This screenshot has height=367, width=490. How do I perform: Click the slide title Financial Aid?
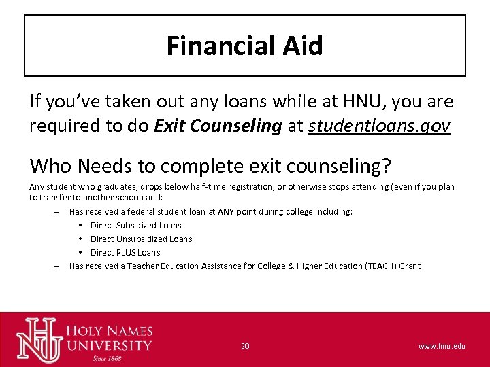[244, 46]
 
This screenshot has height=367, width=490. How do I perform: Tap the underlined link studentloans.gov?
[379, 126]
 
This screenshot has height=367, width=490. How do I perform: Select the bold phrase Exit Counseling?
[218, 126]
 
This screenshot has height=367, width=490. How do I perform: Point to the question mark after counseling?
[386, 165]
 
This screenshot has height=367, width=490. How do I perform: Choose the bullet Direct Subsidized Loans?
[135, 225]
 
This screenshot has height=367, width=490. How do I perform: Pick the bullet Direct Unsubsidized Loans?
[141, 239]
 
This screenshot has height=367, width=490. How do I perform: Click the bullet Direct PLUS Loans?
[125, 252]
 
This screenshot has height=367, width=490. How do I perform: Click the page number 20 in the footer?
[245, 346]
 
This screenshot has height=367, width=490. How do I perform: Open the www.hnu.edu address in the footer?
[442, 346]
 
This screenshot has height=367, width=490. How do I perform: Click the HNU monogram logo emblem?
[40, 339]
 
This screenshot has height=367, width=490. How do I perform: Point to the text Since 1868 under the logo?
[108, 358]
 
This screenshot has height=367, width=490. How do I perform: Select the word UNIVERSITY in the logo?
[109, 345]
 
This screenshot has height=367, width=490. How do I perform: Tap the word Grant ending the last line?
[410, 266]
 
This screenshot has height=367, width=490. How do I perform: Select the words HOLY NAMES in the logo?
[109, 332]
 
